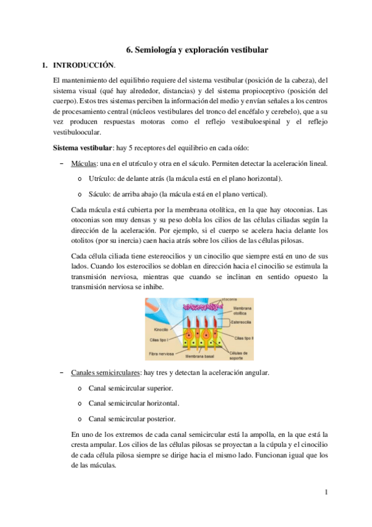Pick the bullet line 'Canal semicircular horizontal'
(134, 403)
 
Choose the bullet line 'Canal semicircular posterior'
(132, 418)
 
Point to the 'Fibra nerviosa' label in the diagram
(161, 354)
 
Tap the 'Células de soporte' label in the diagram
(240, 355)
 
